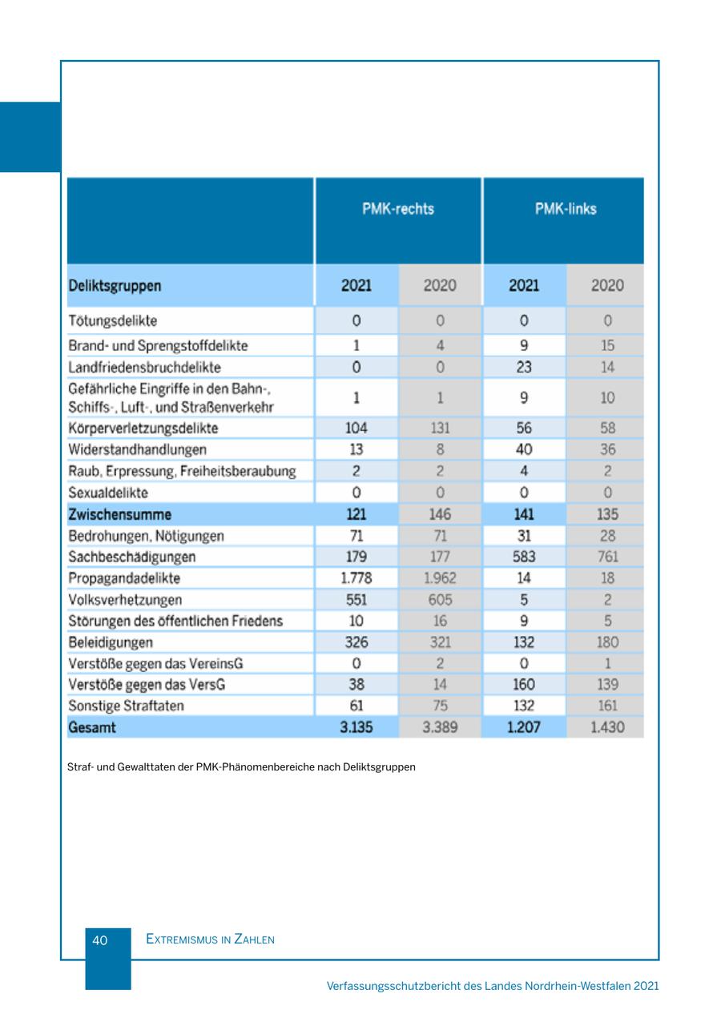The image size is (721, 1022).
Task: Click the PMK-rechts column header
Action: [398, 209]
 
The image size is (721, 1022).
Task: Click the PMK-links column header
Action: [566, 209]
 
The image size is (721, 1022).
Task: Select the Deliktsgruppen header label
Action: [115, 286]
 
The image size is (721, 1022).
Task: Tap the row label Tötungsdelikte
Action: [113, 321]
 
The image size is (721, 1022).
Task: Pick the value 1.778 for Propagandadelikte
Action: [356, 577]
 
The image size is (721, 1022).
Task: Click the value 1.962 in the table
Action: [439, 577]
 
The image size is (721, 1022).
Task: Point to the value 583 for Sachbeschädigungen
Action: [524, 557]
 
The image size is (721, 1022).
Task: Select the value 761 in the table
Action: [607, 557]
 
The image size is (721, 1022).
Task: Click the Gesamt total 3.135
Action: [356, 727]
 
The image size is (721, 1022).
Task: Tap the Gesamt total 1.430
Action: [606, 727]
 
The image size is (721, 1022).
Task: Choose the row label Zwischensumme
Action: [120, 514]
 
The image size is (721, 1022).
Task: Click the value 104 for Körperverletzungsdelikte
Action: [356, 429]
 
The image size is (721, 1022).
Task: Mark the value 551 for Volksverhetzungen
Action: [356, 599]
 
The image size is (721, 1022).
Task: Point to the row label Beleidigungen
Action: [111, 642]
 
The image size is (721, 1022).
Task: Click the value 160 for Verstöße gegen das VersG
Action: [524, 685]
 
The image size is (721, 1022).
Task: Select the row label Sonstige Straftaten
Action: [127, 706]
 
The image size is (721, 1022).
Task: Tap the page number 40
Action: [100, 940]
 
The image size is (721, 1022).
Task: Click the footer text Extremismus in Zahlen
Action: [211, 940]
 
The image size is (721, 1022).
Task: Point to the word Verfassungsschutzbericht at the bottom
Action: [393, 986]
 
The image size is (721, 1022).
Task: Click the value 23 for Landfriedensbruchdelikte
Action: [524, 367]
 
